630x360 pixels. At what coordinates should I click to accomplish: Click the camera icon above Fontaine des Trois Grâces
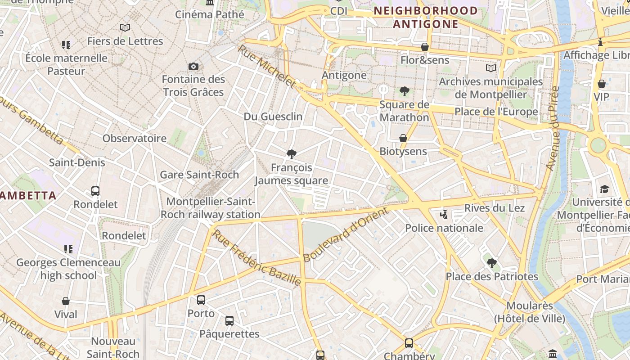click(x=193, y=67)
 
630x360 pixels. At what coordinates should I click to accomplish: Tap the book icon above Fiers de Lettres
click(x=125, y=28)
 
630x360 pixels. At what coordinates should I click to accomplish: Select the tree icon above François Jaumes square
click(x=292, y=154)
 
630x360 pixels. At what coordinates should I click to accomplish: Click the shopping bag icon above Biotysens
click(x=403, y=138)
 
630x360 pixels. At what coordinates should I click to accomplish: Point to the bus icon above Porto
click(x=201, y=300)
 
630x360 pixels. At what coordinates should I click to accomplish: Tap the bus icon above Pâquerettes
click(x=229, y=321)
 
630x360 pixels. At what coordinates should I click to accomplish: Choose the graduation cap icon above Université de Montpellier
click(x=604, y=189)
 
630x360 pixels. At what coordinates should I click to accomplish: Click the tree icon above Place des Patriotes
click(x=491, y=263)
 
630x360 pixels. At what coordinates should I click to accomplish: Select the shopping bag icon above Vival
click(x=66, y=301)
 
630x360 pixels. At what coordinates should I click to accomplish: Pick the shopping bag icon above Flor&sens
click(x=424, y=47)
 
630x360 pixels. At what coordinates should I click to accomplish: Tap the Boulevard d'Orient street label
click(x=345, y=234)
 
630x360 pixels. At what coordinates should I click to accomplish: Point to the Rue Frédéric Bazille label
click(x=256, y=258)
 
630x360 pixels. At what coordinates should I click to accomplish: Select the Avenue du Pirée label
click(x=552, y=128)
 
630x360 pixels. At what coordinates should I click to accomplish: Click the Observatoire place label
click(x=135, y=138)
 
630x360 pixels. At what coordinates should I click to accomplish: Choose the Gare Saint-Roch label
click(x=199, y=175)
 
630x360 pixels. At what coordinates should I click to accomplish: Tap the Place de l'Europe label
click(x=496, y=112)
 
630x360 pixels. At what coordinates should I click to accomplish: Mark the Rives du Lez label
click(x=495, y=208)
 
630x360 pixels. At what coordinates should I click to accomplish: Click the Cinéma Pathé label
click(x=210, y=14)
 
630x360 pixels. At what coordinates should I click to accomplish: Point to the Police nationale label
click(x=444, y=228)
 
